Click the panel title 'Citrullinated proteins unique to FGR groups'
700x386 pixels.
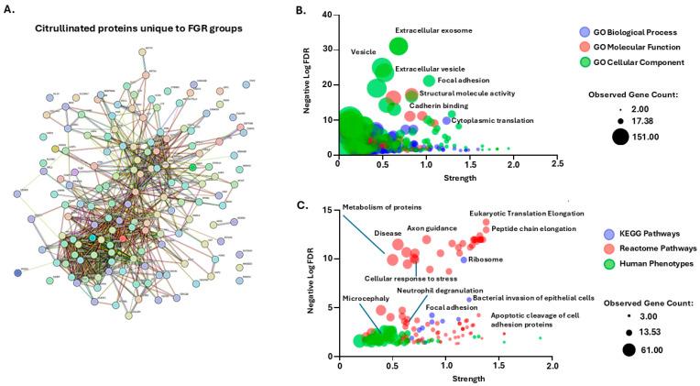pyautogui.click(x=138, y=28)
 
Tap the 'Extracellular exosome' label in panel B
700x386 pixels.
pyautogui.click(x=433, y=30)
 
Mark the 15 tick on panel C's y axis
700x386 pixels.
pyautogui.click(x=328, y=211)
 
